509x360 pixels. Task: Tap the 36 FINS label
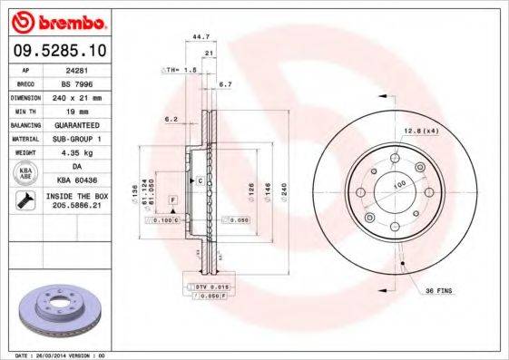click(439, 290)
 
